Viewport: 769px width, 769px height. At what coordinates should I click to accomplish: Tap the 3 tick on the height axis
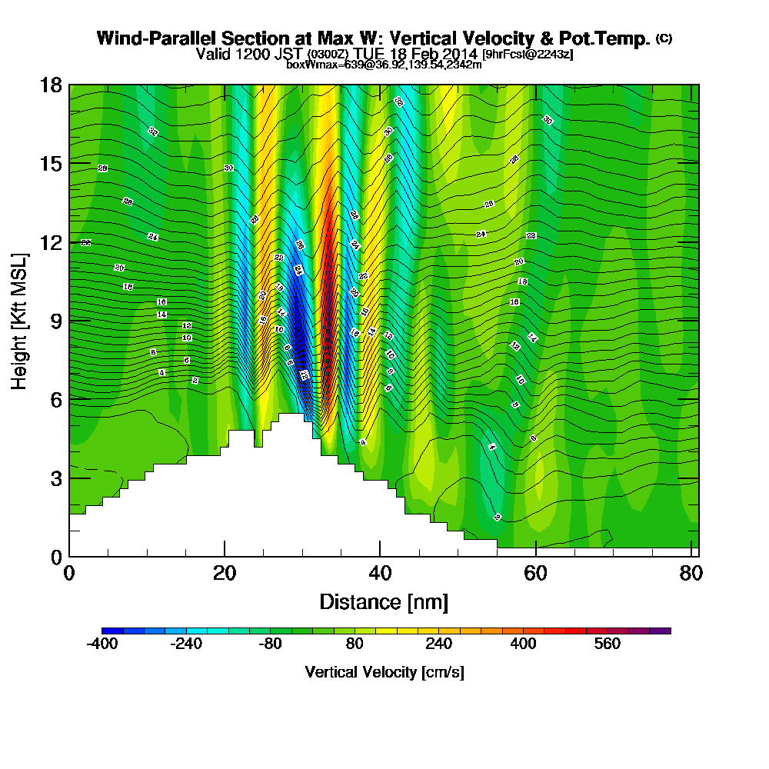tap(58, 478)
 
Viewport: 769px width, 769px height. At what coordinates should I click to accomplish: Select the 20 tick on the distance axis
tap(225, 574)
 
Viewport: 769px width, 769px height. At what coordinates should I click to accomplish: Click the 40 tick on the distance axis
tap(380, 574)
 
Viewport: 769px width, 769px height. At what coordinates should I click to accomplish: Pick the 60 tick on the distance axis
tap(535, 574)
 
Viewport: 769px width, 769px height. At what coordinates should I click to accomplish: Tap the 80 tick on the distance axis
tap(691, 574)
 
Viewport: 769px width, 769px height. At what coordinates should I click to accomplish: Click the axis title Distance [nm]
tap(384, 601)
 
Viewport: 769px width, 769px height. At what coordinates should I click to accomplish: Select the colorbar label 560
tap(608, 644)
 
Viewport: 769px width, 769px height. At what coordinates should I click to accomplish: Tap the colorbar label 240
tap(438, 644)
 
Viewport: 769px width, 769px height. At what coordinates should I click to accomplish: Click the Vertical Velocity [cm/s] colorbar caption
tap(384, 672)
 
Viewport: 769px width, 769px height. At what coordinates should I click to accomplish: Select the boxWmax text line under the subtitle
tap(384, 65)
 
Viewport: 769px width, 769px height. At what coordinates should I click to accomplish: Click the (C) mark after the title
tap(664, 38)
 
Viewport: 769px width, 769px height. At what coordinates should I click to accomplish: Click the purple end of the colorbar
tap(663, 631)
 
